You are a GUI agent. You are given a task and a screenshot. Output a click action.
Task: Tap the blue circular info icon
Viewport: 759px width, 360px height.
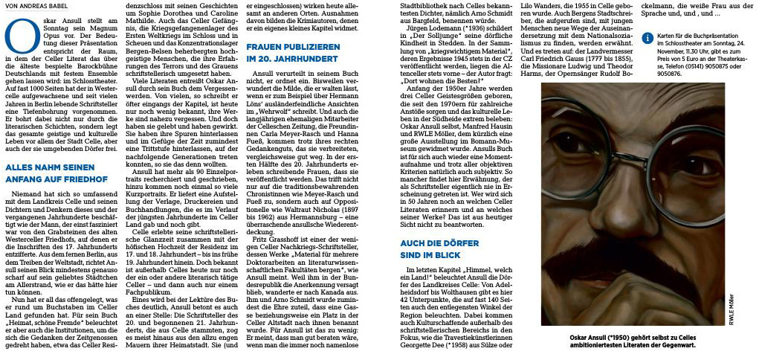648,37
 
